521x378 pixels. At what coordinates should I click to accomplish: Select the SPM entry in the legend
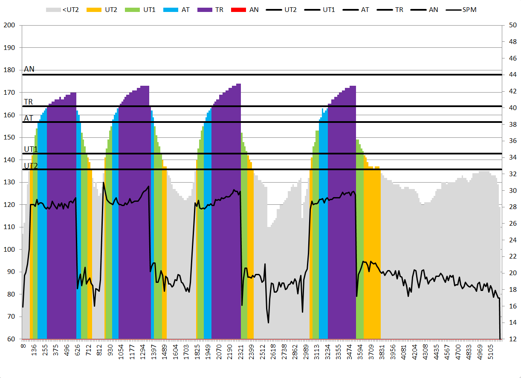(x=460, y=9)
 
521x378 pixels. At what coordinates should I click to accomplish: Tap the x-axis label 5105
(x=491, y=350)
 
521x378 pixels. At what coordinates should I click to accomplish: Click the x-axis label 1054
(x=121, y=350)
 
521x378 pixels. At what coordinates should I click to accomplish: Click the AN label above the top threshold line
(x=29, y=69)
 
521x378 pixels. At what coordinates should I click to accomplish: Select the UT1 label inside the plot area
(x=31, y=149)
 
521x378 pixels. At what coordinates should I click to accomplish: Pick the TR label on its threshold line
(x=29, y=102)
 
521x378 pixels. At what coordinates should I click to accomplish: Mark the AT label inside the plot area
(x=29, y=118)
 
